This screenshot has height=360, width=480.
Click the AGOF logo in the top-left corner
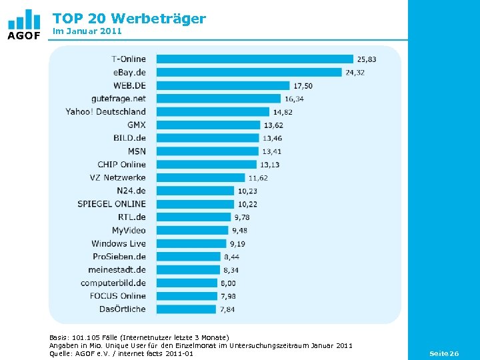click(24, 25)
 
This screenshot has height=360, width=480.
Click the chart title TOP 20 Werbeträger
click(129, 19)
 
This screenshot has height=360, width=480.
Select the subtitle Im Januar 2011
click(87, 31)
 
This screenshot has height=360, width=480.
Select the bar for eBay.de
click(249, 73)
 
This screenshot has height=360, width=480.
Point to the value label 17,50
click(303, 86)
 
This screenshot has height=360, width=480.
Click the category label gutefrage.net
click(119, 99)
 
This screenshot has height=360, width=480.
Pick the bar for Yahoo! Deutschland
click(213, 112)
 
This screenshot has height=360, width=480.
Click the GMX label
click(136, 125)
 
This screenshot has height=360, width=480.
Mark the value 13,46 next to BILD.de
click(272, 138)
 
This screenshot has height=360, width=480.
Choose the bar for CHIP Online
click(206, 165)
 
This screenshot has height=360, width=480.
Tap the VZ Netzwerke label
click(117, 177)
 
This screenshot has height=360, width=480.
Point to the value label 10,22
click(247, 204)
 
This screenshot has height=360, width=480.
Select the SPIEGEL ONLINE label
click(111, 204)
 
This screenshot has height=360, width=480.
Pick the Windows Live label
click(119, 243)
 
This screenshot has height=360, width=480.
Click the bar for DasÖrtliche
click(186, 309)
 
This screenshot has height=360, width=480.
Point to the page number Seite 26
click(444, 353)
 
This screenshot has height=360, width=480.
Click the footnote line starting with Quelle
click(121, 353)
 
